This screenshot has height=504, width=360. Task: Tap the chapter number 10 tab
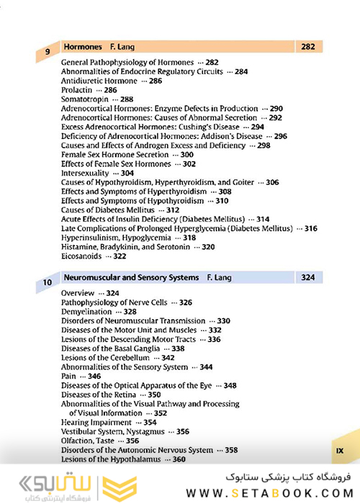point(48,283)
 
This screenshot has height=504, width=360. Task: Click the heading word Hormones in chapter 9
point(84,46)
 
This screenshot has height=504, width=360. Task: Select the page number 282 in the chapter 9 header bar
point(308,46)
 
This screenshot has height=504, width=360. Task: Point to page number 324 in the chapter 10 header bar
point(308,276)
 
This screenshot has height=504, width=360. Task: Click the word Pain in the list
point(70,376)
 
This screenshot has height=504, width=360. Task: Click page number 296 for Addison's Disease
point(281,136)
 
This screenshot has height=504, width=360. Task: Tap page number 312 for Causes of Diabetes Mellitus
point(172,210)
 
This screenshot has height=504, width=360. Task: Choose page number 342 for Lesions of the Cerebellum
point(168,358)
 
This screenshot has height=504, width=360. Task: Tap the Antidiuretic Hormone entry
point(100,81)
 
